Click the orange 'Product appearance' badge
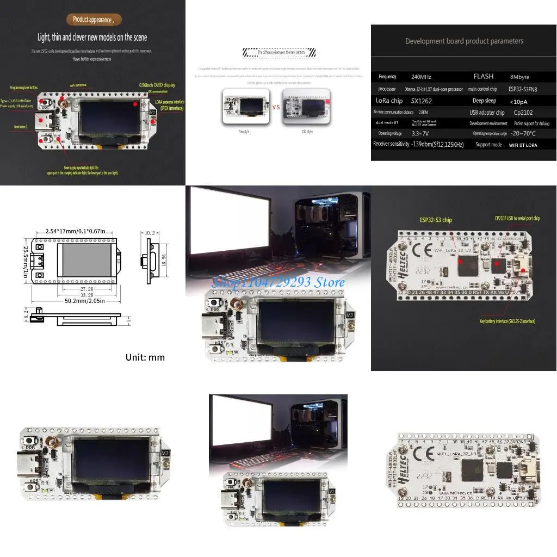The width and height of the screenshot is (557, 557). click(x=94, y=20)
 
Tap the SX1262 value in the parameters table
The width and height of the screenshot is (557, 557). click(x=422, y=101)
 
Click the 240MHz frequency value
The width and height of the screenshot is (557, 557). click(x=422, y=77)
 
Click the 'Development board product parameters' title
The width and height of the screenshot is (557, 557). click(x=464, y=41)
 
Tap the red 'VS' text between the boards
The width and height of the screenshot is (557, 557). click(x=276, y=107)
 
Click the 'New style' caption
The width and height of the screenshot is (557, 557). click(x=244, y=132)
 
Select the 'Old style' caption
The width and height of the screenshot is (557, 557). click(x=307, y=132)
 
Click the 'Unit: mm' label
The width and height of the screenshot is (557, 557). click(x=145, y=357)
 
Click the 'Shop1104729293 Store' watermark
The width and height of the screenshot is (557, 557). click(x=278, y=282)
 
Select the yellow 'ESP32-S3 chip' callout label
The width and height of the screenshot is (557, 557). click(x=435, y=220)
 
